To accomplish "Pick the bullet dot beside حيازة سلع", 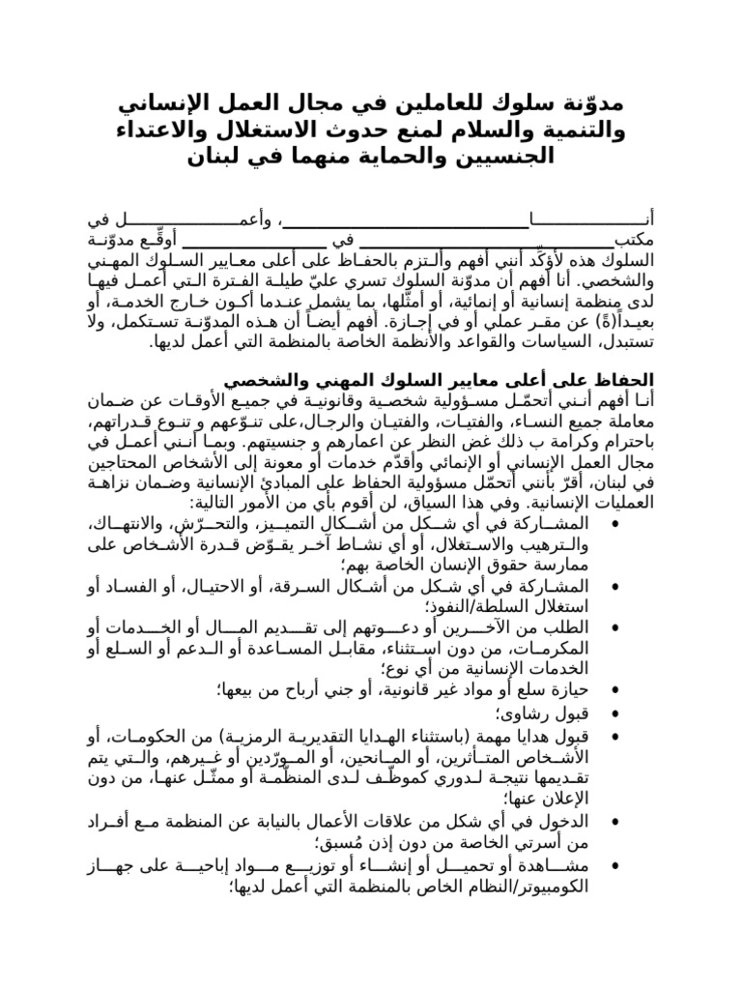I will pos(616,689).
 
